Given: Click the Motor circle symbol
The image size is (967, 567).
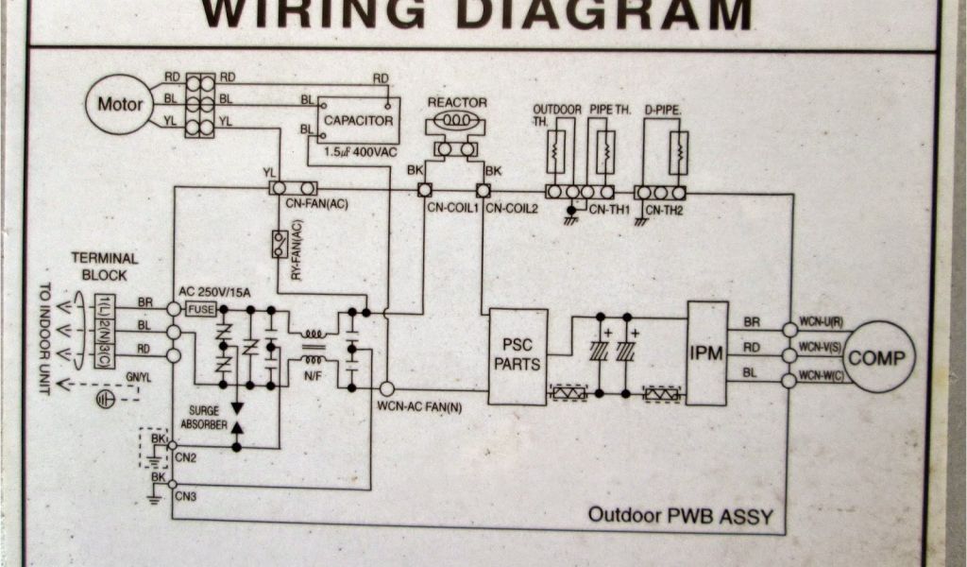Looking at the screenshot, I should pos(119,103).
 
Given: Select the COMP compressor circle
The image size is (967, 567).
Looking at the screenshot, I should pos(878,357).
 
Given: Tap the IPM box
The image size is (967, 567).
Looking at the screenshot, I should pos(706,352).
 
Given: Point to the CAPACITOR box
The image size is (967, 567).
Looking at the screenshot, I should pos(356,119).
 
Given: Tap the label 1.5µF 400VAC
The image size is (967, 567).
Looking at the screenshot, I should pos(362,151).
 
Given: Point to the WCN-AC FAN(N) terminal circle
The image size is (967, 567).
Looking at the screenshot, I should pos(386,388).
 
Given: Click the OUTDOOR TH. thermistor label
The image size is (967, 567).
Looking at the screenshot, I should pos(557,115).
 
